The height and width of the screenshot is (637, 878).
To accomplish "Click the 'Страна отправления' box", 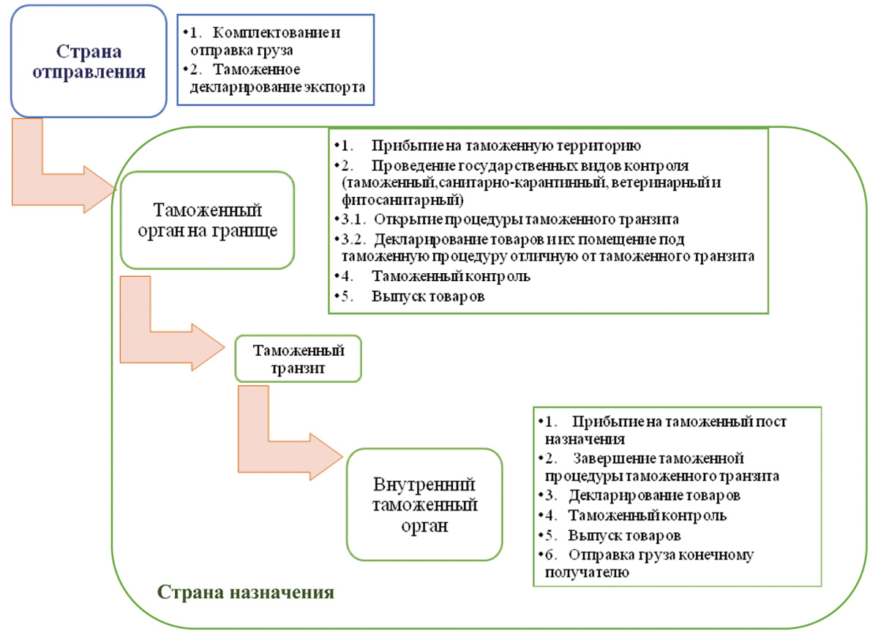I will click(x=89, y=62).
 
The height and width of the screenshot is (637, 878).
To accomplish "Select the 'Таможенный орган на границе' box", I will click(x=207, y=220).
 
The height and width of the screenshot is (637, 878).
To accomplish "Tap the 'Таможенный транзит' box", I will click(x=298, y=359).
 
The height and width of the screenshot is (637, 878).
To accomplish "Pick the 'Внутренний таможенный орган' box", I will click(x=424, y=505).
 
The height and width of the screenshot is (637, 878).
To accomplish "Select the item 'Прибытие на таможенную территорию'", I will click(x=505, y=145).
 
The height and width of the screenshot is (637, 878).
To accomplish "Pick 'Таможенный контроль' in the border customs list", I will click(x=450, y=277).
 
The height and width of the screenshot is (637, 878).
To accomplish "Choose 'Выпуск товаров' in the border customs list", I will click(x=428, y=297).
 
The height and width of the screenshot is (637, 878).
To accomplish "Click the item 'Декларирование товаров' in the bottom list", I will click(x=655, y=496).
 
